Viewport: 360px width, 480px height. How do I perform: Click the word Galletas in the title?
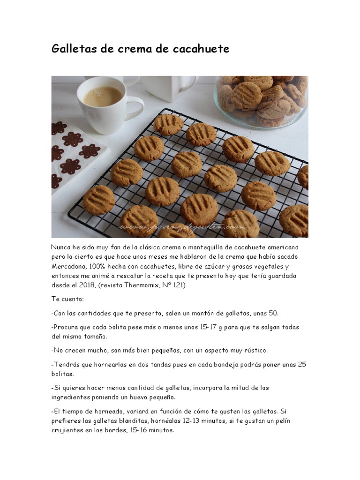pyautogui.click(x=74, y=49)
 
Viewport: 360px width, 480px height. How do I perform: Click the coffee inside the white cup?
pyautogui.click(x=103, y=96)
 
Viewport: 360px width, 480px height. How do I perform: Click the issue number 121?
pyautogui.click(x=181, y=285)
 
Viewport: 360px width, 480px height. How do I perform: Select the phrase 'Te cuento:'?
pyautogui.click(x=67, y=299)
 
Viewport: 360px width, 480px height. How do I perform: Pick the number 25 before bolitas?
pyautogui.click(x=301, y=364)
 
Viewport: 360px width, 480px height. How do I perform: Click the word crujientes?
pyautogui.click(x=69, y=430)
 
